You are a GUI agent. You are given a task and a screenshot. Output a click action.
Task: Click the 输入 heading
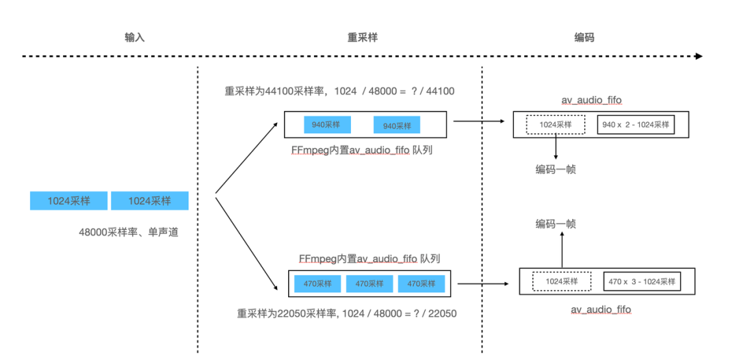click(135, 38)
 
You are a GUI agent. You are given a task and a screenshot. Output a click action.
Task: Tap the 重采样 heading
click(363, 38)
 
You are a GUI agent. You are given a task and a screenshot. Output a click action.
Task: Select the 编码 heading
click(584, 38)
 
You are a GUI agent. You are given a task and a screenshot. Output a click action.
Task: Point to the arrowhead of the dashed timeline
click(698, 57)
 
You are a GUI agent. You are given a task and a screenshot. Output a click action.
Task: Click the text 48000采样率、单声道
click(129, 232)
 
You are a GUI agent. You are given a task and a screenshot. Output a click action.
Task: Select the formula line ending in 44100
click(339, 91)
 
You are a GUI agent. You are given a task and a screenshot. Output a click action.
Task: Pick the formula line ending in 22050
click(347, 313)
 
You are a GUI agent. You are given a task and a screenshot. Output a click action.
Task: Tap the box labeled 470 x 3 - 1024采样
click(643, 281)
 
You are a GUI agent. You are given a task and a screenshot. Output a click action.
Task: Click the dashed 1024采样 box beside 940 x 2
click(556, 125)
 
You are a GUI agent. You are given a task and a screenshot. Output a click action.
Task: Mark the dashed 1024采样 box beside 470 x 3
click(562, 281)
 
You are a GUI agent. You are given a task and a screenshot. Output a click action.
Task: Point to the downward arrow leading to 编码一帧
click(556, 148)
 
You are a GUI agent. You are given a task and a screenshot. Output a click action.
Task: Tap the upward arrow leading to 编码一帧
click(562, 250)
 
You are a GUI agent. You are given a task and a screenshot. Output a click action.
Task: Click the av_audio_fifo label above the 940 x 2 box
click(592, 101)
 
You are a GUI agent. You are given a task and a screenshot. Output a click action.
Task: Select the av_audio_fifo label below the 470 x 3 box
click(601, 310)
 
